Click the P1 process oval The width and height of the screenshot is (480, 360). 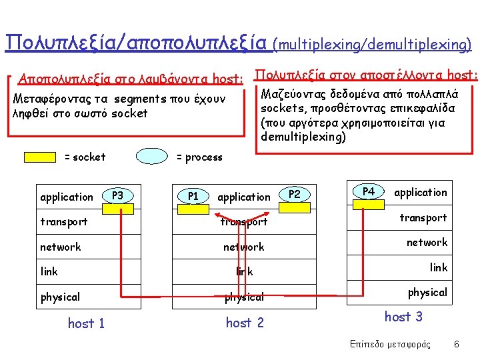(193, 196)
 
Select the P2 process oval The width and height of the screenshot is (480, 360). (294, 194)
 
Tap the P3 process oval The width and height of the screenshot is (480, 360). (118, 195)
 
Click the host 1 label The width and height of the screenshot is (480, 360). (86, 323)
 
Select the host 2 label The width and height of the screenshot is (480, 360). (245, 323)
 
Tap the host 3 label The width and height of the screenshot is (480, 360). (403, 317)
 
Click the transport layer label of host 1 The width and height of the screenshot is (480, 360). (63, 221)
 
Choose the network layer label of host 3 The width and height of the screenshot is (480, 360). (427, 243)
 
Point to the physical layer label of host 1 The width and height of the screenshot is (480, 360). (60, 297)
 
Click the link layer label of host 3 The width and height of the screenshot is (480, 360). (438, 267)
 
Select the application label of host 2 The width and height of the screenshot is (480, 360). (244, 197)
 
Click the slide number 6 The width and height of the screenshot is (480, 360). (456, 345)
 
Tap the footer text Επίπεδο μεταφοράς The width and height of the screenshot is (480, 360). (389, 345)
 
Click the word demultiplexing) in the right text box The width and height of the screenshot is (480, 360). (303, 137)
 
